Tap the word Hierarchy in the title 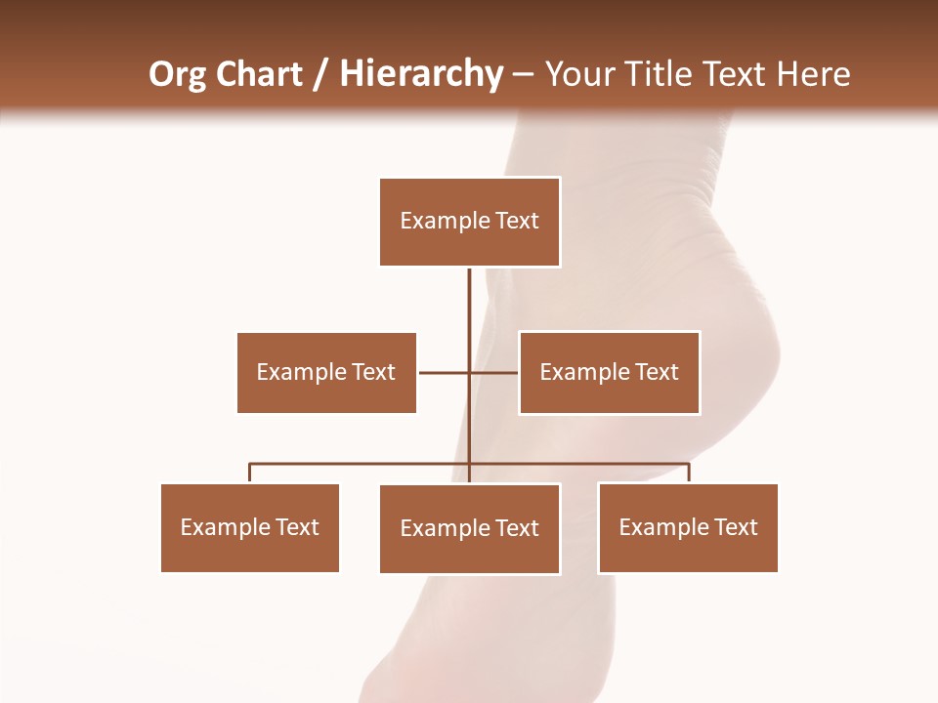click(x=421, y=74)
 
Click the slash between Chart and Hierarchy click(x=320, y=75)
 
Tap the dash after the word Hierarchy click(x=523, y=76)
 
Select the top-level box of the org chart click(x=470, y=222)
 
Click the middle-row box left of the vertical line click(x=326, y=373)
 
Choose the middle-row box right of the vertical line click(x=609, y=373)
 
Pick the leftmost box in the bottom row click(x=250, y=528)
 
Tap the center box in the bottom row click(x=470, y=528)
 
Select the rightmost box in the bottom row click(x=688, y=528)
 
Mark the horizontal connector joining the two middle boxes click(x=445, y=373)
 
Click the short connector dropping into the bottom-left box click(x=250, y=474)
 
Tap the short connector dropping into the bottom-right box click(x=689, y=474)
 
